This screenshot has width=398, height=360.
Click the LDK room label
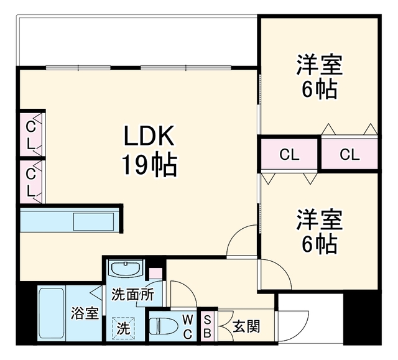[149, 135]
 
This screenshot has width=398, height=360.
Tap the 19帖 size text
[149, 165]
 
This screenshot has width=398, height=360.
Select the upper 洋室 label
[320, 64]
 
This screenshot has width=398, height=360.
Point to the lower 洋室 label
[320, 219]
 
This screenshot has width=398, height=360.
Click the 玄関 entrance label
[246, 326]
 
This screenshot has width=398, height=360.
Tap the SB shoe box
[207, 326]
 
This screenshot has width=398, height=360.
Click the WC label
[188, 327]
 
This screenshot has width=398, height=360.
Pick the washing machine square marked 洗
[124, 328]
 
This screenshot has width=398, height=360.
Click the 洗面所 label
[133, 295]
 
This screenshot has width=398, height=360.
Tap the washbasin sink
[126, 269]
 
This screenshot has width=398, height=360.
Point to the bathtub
[52, 313]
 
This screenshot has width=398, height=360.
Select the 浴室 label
[85, 313]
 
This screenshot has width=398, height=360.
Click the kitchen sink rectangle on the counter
[93, 221]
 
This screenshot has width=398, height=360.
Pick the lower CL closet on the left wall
[31, 182]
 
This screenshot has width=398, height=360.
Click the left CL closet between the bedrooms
[289, 154]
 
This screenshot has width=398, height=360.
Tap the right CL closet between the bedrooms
[349, 154]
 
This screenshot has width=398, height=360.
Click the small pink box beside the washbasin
[155, 274]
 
